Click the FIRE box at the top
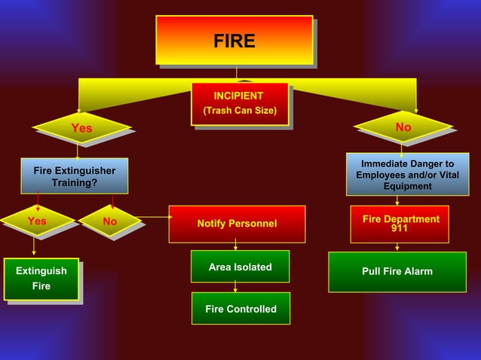234,40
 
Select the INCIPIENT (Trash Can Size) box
239,104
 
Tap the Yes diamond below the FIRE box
81,128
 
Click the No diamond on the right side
403,127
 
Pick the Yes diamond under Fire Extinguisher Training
36,221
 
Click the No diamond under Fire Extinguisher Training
110,221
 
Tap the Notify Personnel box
237,224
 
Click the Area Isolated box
240,267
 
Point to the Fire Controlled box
240,309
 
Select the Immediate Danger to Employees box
407,175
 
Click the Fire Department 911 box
400,224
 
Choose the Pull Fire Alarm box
397,271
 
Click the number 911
400,228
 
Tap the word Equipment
407,186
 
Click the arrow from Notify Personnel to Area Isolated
236,245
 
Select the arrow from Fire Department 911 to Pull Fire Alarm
397,247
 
